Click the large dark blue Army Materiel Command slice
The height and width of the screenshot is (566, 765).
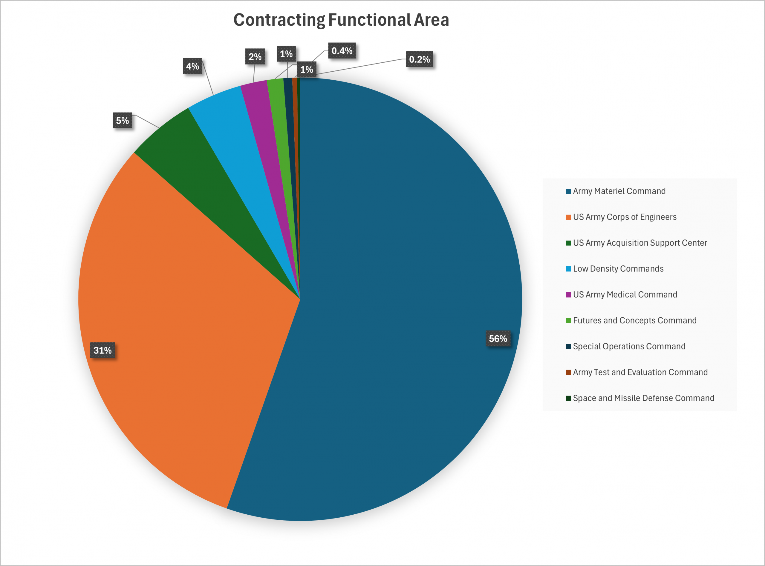point(394,274)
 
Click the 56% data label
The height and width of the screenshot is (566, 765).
point(498,339)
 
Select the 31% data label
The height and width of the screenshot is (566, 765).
point(102,350)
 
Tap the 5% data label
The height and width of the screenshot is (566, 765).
point(123,121)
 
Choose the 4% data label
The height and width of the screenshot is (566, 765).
point(192,66)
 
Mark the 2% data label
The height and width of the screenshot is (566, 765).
point(255,56)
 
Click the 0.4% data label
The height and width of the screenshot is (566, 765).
point(342,51)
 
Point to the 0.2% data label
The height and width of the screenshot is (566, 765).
point(419,59)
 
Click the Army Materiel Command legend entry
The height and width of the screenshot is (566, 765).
point(619,191)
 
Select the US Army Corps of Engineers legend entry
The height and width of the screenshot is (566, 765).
point(625,217)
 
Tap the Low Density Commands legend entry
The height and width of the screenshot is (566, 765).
point(618,269)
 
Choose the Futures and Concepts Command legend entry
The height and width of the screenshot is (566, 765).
point(634,320)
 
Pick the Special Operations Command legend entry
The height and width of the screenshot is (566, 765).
point(629,346)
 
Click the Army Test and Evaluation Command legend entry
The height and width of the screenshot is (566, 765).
point(640,372)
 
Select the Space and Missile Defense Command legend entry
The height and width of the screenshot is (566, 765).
point(643,398)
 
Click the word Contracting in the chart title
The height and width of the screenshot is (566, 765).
point(279,20)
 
